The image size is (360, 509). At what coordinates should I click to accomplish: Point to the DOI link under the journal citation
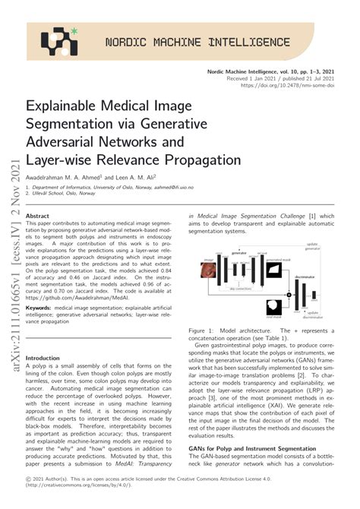(x=288, y=86)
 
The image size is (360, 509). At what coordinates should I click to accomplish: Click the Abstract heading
(x=37, y=216)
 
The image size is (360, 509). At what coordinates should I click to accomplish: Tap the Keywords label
(x=40, y=308)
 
